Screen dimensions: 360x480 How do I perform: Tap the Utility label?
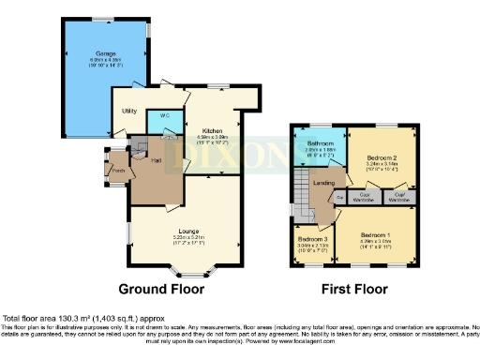pyautogui.click(x=130, y=111)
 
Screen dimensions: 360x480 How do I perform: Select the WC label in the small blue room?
pyautogui.click(x=164, y=116)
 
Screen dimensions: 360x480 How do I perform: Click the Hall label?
pyautogui.click(x=155, y=160)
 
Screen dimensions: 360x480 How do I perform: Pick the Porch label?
pyautogui.click(x=118, y=171)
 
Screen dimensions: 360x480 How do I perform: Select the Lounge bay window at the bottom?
pyautogui.click(x=192, y=273)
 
